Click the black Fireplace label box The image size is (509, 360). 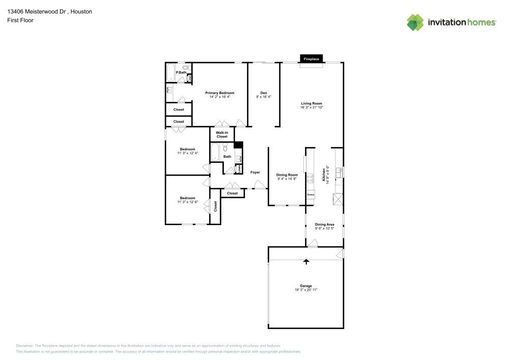[312, 59]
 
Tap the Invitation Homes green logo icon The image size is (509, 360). [415, 22]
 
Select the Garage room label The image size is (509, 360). [306, 286]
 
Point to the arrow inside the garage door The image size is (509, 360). [306, 262]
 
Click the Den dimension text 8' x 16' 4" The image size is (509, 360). [264, 97]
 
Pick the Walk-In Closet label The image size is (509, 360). [222, 134]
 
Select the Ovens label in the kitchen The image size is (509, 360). [310, 195]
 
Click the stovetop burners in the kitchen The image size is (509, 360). [310, 178]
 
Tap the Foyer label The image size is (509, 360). [255, 172]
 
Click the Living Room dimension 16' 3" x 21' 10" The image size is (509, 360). [312, 107]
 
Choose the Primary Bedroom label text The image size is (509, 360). [219, 93]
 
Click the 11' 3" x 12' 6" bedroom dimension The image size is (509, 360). [187, 202]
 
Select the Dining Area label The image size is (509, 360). [324, 224]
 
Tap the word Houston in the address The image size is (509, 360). [81, 11]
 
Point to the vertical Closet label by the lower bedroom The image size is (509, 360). [215, 206]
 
